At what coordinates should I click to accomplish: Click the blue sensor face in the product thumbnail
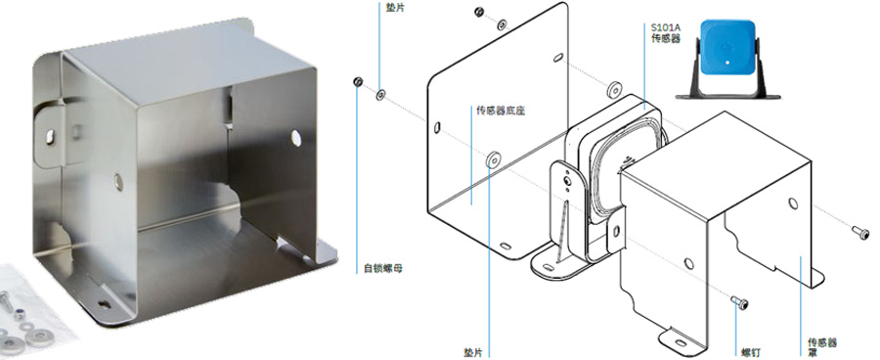coord(726,48)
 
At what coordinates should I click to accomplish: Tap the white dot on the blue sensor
coord(728,64)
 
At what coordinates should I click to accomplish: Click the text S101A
coord(662,27)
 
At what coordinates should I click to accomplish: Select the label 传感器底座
coord(493,112)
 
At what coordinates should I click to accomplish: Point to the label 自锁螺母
coord(382,268)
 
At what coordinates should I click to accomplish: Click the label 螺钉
coord(751,353)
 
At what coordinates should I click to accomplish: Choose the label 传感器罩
coord(822,347)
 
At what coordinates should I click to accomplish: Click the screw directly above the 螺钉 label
coord(740,302)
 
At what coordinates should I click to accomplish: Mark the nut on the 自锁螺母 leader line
coord(358,82)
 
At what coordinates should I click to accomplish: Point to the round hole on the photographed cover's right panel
coord(294,138)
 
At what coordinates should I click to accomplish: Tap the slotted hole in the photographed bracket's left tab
coord(51,137)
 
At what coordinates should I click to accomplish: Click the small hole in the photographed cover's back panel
coord(118,181)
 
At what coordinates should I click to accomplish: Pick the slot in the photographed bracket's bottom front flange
coord(104,304)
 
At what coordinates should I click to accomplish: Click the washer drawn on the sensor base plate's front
coord(493,159)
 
